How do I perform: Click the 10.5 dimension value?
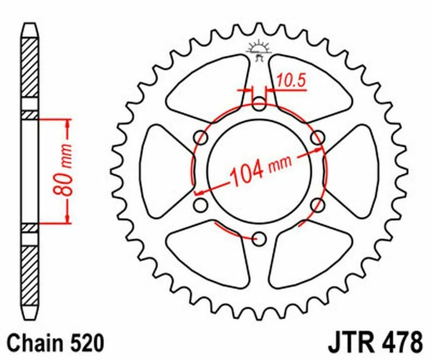(x=290, y=81)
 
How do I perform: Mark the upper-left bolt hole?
(x=201, y=138)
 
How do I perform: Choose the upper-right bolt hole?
(x=318, y=138)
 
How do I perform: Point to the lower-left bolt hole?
(x=201, y=205)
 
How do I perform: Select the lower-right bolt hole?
(x=318, y=205)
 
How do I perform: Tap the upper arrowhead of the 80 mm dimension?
(x=68, y=123)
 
